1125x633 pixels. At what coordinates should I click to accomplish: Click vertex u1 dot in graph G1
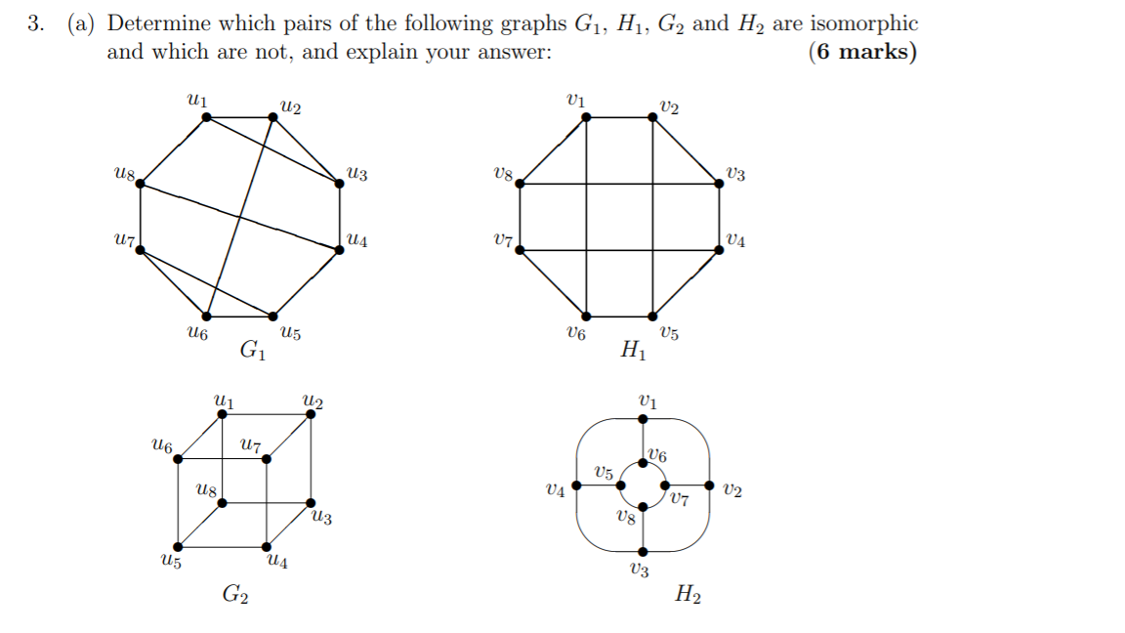(x=207, y=117)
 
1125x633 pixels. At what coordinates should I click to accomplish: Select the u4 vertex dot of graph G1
(x=339, y=250)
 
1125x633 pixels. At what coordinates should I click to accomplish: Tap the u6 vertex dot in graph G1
(x=207, y=316)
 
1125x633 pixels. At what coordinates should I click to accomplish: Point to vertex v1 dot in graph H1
(x=586, y=117)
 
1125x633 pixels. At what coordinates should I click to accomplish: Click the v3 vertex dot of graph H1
(x=720, y=183)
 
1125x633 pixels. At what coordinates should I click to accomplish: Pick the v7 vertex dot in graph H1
(x=520, y=250)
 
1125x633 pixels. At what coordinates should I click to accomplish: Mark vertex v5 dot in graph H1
(x=653, y=316)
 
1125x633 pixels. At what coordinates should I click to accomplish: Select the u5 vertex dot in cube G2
(x=178, y=547)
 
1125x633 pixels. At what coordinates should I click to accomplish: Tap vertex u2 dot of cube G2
(x=311, y=414)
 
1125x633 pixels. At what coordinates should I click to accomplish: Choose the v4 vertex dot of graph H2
(x=576, y=485)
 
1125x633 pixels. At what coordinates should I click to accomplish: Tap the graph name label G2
(x=234, y=593)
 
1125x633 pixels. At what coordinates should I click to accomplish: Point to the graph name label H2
(x=687, y=593)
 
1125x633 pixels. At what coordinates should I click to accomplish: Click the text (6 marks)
(x=862, y=52)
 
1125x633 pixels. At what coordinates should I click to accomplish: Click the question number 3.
(x=36, y=23)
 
